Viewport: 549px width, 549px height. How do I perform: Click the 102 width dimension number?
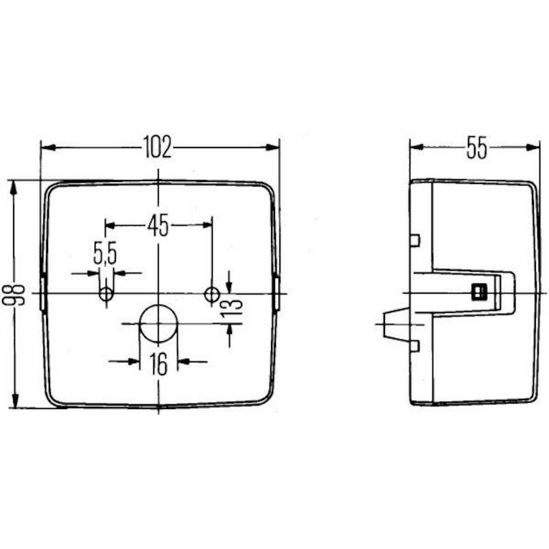[x=158, y=147]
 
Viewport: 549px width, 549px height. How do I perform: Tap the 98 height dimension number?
[x=14, y=295]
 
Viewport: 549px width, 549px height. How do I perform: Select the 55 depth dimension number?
[x=476, y=148]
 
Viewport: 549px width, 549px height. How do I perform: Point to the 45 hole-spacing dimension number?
[x=159, y=226]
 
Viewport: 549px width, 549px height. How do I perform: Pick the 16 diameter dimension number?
[x=159, y=364]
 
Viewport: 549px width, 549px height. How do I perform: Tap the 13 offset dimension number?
[x=232, y=306]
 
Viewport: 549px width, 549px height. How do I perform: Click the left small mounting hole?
[x=106, y=294]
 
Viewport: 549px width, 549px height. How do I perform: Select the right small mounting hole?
[x=212, y=294]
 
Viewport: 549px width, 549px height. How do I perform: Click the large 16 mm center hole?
[x=159, y=324]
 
